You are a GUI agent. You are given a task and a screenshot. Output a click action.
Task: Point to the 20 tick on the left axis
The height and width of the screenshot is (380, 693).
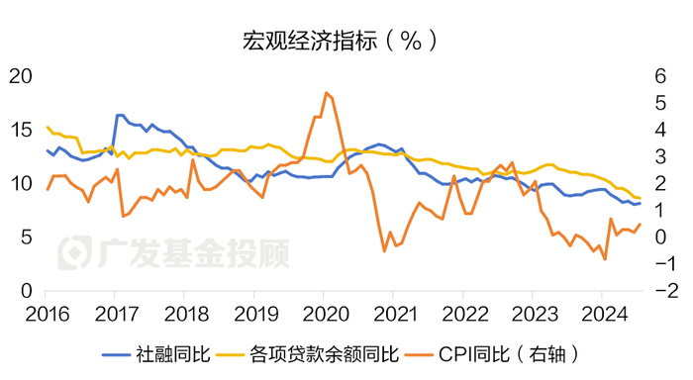pos(21,76)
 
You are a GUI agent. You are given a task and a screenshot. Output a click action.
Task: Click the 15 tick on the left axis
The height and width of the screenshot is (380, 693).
pos(21,131)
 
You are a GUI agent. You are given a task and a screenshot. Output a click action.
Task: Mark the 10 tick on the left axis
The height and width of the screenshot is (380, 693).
pos(21,184)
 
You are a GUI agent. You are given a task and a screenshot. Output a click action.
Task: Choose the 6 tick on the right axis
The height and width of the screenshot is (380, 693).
pos(656,76)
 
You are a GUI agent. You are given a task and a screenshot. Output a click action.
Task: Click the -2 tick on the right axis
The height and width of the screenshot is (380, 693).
pos(660,292)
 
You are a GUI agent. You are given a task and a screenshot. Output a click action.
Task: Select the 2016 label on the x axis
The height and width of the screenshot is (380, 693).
pos(46,314)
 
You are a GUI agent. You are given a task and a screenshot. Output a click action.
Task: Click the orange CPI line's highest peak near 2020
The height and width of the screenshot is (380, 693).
pos(326,92)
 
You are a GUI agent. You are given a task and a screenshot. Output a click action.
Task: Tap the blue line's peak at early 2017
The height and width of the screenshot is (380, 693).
pos(118,115)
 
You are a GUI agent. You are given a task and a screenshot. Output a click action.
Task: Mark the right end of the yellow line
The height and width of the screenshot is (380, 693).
pos(640,198)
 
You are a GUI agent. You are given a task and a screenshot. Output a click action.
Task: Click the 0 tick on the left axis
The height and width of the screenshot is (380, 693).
pos(27,292)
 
